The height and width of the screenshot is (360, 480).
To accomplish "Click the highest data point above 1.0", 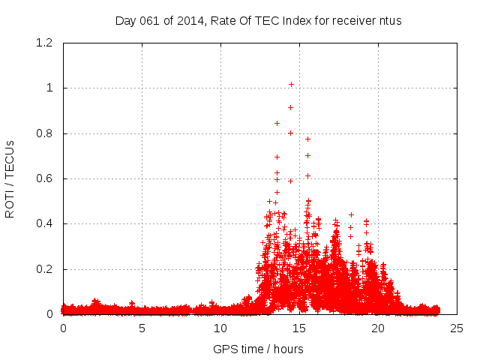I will [x=291, y=84].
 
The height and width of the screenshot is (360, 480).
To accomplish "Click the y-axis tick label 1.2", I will [x=45, y=43].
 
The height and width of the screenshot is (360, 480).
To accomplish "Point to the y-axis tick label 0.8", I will [x=45, y=133].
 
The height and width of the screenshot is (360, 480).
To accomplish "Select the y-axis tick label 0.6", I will [x=45, y=178].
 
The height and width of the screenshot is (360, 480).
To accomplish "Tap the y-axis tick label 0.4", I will [x=45, y=223].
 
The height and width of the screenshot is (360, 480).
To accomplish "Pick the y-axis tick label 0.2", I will [x=45, y=269].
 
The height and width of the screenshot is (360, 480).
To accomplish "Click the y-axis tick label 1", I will [x=49, y=88].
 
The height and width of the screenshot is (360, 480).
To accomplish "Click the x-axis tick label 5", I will [x=142, y=328].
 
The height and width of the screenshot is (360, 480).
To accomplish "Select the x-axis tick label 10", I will [x=220, y=328].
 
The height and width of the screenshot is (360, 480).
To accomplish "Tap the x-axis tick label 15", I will [x=299, y=328].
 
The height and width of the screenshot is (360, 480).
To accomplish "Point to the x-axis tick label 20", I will [x=378, y=328].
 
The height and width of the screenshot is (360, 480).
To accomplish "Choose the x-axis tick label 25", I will [x=457, y=328].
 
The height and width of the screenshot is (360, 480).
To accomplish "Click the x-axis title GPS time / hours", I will [x=258, y=349].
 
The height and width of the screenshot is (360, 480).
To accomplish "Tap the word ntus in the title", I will [x=390, y=20].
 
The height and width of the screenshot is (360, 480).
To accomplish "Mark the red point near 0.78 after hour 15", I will [x=307, y=139].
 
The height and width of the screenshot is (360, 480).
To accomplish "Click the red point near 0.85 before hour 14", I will [x=277, y=123].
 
